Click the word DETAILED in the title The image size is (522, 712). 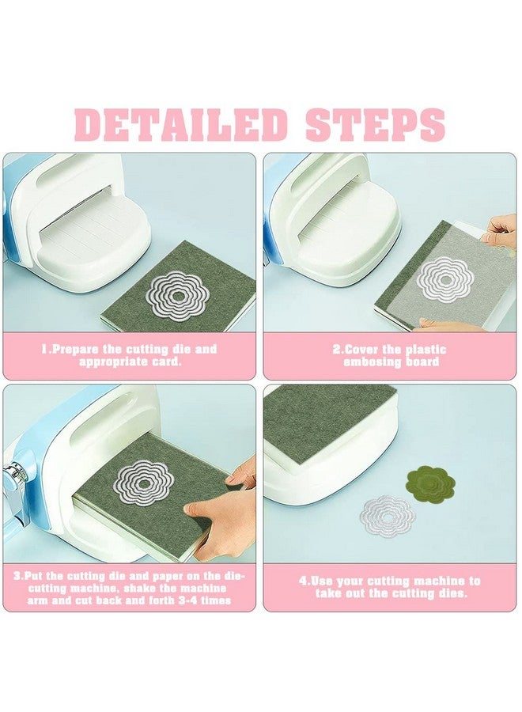(x=180, y=124)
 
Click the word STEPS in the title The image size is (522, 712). (x=375, y=124)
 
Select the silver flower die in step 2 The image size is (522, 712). (x=444, y=277)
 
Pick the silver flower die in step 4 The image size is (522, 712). (x=388, y=517)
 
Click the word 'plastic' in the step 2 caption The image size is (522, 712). (x=426, y=350)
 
